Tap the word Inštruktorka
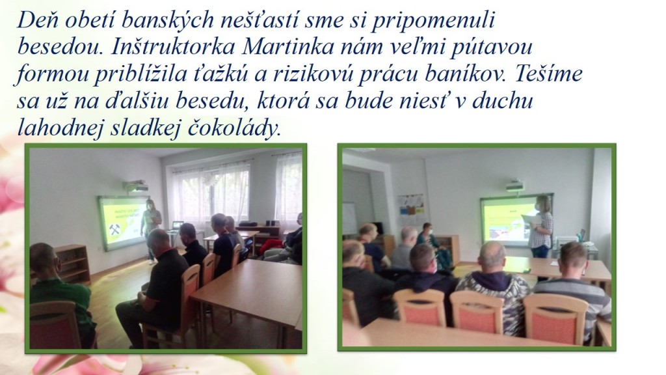(173, 47)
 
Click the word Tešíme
(548, 74)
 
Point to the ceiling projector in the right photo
(514, 186)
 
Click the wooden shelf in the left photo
(73, 264)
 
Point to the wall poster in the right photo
(412, 210)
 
